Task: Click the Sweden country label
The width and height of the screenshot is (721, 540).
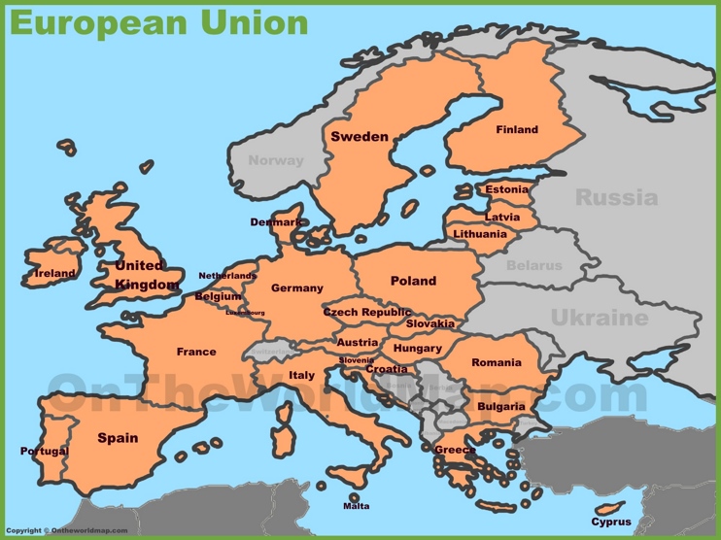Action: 359,137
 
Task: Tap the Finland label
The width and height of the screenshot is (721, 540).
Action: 516,130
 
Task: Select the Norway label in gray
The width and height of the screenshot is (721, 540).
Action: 275,160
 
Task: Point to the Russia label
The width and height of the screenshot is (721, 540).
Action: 616,198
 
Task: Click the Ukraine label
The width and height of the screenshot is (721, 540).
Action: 599,318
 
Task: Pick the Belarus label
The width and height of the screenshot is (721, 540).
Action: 533,265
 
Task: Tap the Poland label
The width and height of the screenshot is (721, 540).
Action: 413,281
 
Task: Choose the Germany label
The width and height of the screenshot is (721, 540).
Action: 296,288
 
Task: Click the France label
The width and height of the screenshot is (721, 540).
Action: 196,352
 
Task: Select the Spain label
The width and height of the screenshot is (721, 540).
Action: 118,438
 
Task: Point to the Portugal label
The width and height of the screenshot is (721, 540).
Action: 45,451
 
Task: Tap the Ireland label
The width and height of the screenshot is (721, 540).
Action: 54,274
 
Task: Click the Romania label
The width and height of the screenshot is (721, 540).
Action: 496,362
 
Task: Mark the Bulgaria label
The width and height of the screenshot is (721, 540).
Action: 501,407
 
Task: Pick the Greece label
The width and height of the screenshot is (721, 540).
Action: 455,450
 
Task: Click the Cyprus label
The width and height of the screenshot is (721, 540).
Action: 610,522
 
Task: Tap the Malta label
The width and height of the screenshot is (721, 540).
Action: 356,506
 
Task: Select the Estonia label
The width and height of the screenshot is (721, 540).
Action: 507,189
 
